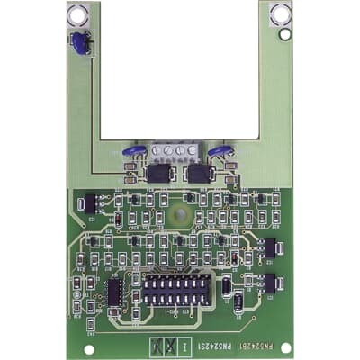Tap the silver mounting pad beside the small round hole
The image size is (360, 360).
[x=278, y=13]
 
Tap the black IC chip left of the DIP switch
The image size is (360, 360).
[x=115, y=292]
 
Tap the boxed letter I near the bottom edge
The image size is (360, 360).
[x=184, y=346]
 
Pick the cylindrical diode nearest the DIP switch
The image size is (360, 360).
[x=237, y=301]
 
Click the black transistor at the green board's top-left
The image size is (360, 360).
[x=86, y=205]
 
